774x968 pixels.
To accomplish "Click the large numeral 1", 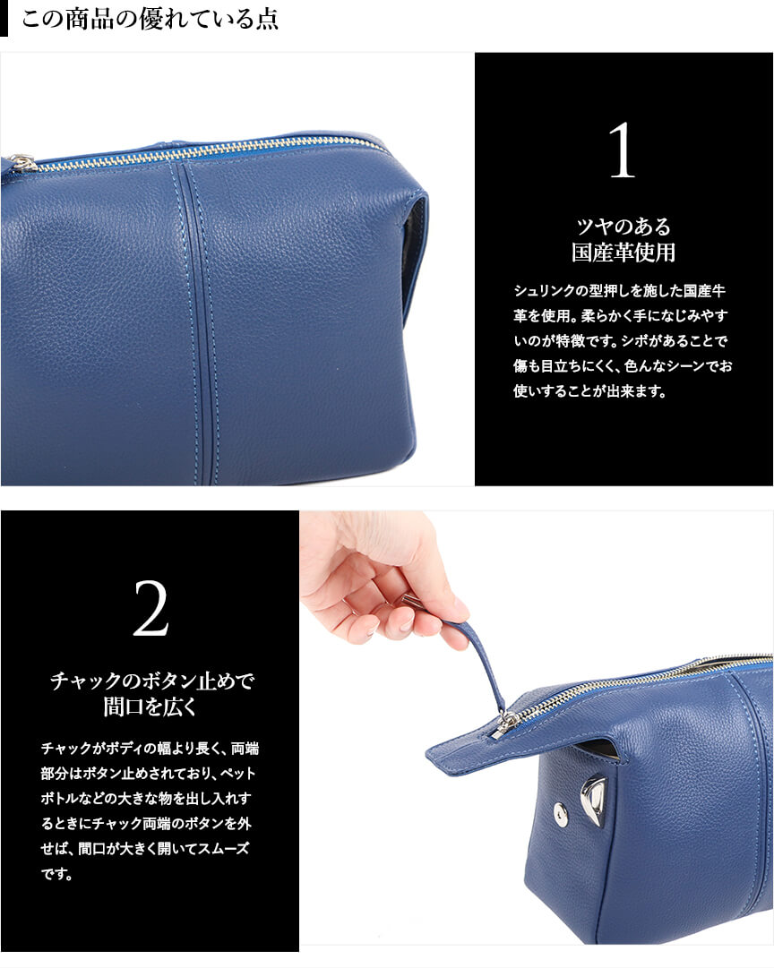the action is [622, 150].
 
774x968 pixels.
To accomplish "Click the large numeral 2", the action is [150, 607].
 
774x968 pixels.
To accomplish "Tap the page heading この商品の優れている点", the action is [150, 19].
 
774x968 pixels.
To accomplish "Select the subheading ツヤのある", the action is [623, 227].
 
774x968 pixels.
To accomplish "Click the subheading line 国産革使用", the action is [623, 253].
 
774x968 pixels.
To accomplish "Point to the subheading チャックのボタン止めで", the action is [151, 681].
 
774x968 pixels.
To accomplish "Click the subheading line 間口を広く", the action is [150, 707].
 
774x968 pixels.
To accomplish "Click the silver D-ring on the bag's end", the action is [594, 796].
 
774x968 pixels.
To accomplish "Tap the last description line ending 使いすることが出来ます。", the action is [589, 390].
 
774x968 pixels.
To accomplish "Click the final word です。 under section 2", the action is [56, 874].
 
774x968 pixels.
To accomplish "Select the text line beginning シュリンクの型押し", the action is [620, 291].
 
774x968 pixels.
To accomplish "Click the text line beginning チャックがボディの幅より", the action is [150, 749].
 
